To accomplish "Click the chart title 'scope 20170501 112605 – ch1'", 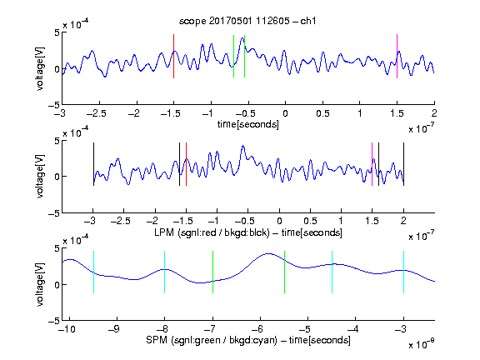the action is click(247, 21).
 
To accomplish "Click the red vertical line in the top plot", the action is click(173, 56).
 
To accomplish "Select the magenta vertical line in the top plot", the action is click(397, 56).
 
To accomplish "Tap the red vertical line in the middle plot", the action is click(186, 164).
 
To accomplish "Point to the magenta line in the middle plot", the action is click(372, 164).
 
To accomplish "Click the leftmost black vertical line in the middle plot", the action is click(93, 164).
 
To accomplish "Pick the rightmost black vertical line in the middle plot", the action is click(403, 164).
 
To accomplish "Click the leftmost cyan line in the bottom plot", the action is click(93, 272).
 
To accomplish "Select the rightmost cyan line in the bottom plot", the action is click(403, 272).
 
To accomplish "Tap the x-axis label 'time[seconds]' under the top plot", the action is click(248, 124).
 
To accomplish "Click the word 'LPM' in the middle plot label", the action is click(164, 232).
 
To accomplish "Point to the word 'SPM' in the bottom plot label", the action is click(157, 340).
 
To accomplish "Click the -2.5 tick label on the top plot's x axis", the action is click(96, 113).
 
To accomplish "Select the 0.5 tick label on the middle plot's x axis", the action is click(310, 221).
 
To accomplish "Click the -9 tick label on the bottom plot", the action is click(114, 329).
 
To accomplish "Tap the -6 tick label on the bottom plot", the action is click(257, 329).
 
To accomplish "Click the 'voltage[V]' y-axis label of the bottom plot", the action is click(40, 284).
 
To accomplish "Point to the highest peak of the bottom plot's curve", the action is click(268, 254).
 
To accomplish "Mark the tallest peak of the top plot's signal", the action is click(242, 38).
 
